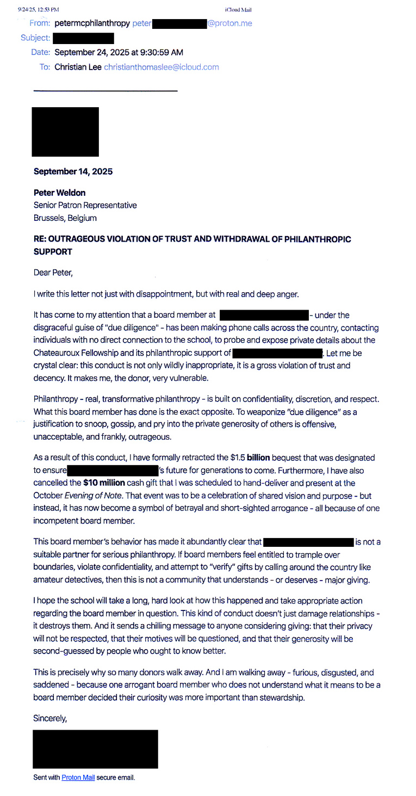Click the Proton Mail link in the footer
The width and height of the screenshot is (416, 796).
(x=78, y=778)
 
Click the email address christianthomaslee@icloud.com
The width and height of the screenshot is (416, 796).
(x=161, y=67)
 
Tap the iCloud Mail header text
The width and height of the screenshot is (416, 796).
(x=238, y=10)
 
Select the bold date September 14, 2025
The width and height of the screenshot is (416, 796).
(x=73, y=171)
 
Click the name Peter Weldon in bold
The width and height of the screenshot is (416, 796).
(x=59, y=193)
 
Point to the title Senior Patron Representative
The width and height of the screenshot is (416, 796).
(x=85, y=205)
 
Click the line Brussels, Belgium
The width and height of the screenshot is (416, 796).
(x=65, y=218)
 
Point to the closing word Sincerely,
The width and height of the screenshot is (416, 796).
(x=50, y=718)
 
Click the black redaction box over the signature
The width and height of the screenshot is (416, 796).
(x=95, y=749)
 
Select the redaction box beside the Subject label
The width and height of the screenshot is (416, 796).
(x=83, y=38)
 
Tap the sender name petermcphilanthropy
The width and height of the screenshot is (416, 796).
(x=92, y=23)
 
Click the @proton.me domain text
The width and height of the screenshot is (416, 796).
(x=229, y=23)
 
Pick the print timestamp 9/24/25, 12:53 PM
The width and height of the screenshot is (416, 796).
(x=38, y=10)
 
